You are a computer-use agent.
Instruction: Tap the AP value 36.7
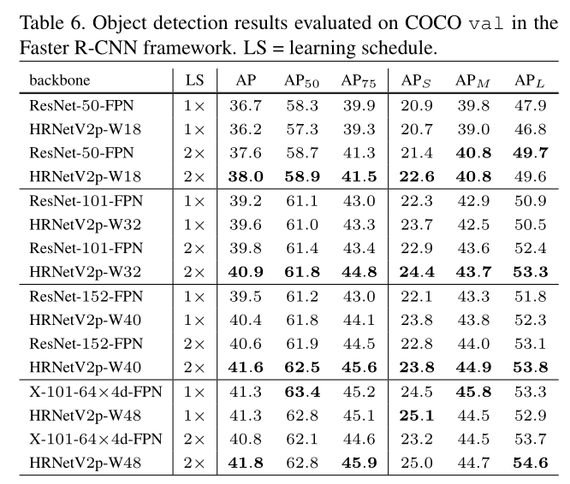[245, 107]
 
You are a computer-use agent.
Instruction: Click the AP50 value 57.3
[302, 129]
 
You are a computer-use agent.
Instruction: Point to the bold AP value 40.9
[245, 273]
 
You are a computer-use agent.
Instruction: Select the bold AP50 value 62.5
[302, 367]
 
